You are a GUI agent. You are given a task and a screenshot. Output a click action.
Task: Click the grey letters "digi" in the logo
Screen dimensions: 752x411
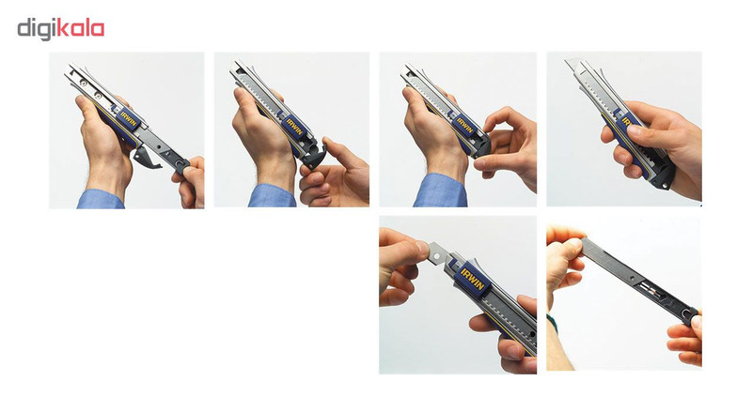[x=37, y=29]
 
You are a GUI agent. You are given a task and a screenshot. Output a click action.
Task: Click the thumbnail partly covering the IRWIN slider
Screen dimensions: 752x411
[x=634, y=129]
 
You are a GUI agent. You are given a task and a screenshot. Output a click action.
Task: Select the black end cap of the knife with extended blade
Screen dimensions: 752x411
[x=665, y=176]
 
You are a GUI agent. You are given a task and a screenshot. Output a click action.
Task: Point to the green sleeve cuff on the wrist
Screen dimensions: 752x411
[x=553, y=325]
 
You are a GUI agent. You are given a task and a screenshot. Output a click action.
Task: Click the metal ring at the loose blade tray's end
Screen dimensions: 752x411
[x=690, y=314]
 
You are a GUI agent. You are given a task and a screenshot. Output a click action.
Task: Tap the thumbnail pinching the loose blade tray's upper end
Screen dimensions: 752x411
[x=575, y=243]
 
